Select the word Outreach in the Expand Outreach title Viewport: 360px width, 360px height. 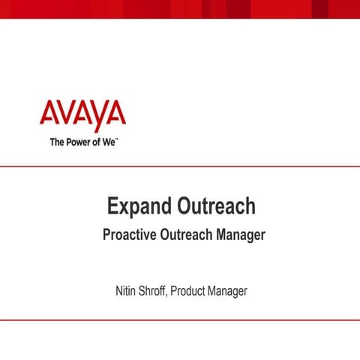click(217, 205)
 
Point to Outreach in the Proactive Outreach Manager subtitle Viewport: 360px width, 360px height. click(190, 235)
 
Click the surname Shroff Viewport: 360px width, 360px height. click(151, 290)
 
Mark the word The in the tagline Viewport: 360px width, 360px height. click(57, 142)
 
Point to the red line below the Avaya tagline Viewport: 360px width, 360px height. click(180, 167)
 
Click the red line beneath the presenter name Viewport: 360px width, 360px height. click(180, 319)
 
